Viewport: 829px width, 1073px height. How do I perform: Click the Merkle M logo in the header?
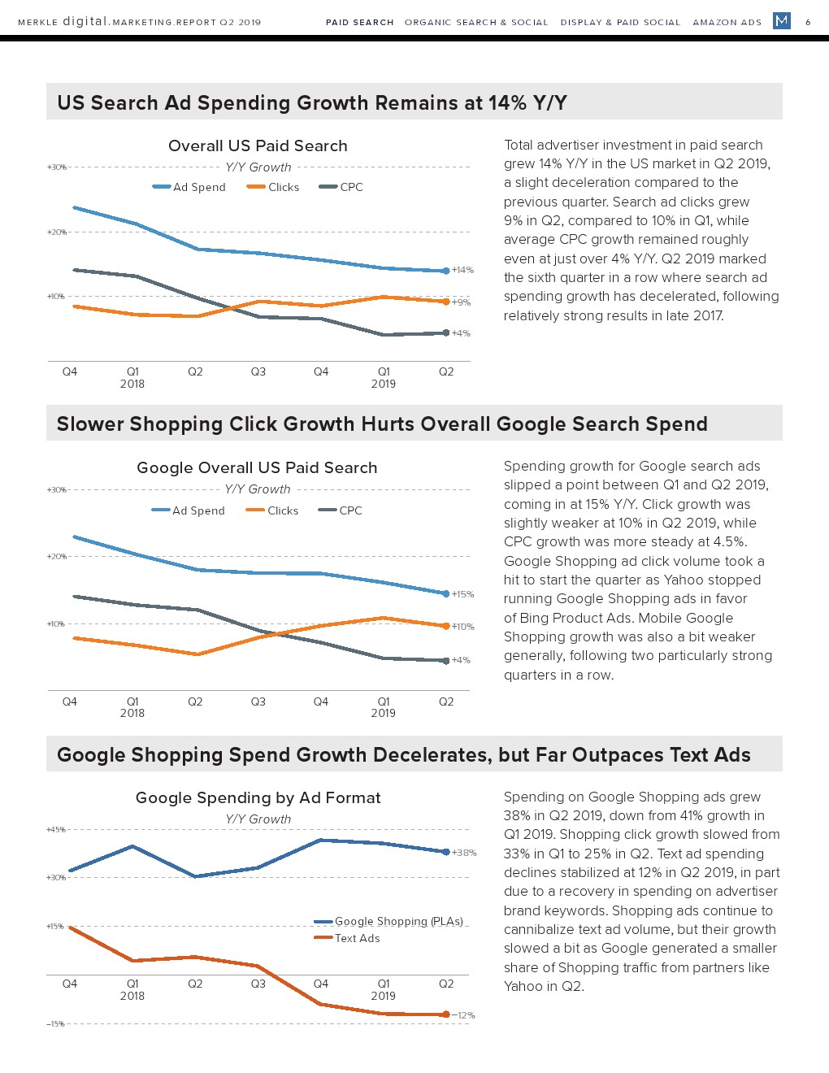(x=782, y=20)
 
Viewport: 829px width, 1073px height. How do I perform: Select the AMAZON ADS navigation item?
(x=727, y=22)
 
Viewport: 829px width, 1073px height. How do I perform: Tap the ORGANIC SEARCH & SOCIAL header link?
(x=476, y=22)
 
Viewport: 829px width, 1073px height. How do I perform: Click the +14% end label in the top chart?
(x=462, y=270)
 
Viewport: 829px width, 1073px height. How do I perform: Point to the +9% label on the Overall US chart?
(x=461, y=302)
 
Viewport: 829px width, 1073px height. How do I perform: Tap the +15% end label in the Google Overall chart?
(x=462, y=594)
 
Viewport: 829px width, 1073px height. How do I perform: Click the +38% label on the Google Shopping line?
(x=464, y=853)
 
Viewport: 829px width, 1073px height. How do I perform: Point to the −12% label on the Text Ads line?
(x=463, y=1015)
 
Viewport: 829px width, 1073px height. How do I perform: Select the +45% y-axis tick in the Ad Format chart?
(x=56, y=830)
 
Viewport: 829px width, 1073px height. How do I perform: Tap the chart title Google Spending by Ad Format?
(x=258, y=797)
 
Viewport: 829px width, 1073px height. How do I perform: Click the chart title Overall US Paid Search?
(x=258, y=146)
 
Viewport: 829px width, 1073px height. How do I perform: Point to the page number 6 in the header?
(x=808, y=22)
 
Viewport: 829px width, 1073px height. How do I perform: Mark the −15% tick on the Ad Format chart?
(x=55, y=1024)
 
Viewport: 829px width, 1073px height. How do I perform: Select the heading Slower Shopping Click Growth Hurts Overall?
(x=382, y=424)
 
